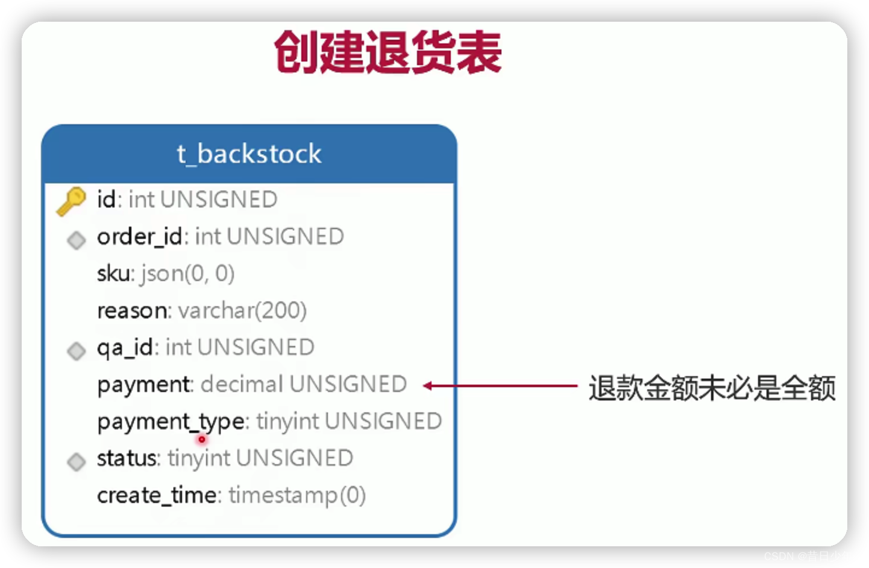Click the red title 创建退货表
(387, 53)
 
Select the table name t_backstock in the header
(249, 154)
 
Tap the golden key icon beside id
(71, 201)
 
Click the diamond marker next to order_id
(77, 240)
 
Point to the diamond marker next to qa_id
(77, 350)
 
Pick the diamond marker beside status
(77, 461)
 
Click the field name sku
(113, 274)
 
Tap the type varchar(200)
(242, 311)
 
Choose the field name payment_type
(171, 421)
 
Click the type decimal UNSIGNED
(304, 384)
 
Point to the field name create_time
(157, 495)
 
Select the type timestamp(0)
(297, 496)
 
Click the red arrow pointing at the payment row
(500, 386)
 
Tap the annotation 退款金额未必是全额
(712, 388)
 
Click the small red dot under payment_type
(202, 439)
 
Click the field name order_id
(140, 237)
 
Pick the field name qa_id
(125, 348)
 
